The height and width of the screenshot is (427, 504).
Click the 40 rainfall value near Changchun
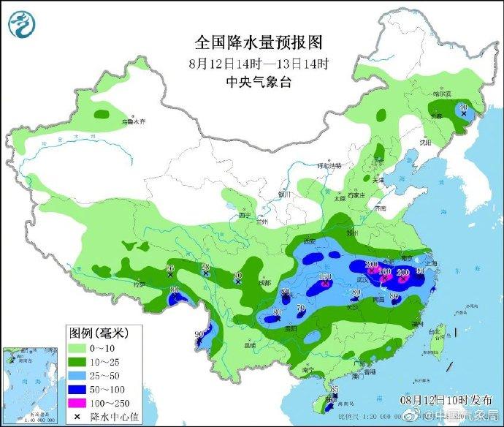[462, 107]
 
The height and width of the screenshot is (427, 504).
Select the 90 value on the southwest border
[199, 335]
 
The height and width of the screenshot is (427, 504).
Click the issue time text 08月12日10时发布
[436, 400]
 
